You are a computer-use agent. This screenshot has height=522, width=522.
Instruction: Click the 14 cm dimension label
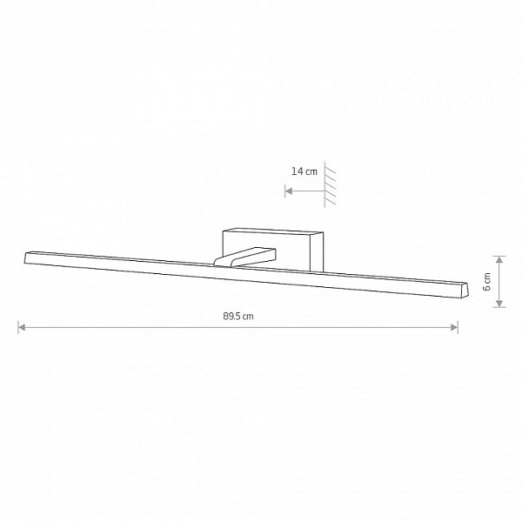coord(304,171)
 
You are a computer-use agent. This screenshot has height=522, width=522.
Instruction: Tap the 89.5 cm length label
coord(238,316)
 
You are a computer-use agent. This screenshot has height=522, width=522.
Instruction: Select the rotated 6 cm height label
coord(486,282)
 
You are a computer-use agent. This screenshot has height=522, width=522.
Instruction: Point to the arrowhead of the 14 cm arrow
coord(289,191)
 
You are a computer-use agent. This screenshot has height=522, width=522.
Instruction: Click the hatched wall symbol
coord(330,184)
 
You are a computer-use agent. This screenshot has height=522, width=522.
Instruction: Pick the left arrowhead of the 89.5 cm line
coord(22,328)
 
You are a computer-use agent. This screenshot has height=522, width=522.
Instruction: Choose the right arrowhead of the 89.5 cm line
coord(454,328)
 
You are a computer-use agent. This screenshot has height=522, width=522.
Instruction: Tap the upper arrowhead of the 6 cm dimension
coord(499,260)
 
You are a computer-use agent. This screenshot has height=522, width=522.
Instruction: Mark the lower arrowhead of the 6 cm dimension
coord(499,303)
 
